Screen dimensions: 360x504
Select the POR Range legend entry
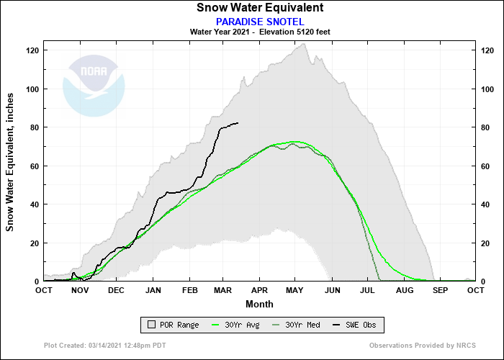coord(172,325)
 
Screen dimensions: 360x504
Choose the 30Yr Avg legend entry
coord(240,325)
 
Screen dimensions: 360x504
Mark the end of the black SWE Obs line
coord(238,123)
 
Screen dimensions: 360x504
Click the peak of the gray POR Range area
coord(305,44)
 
